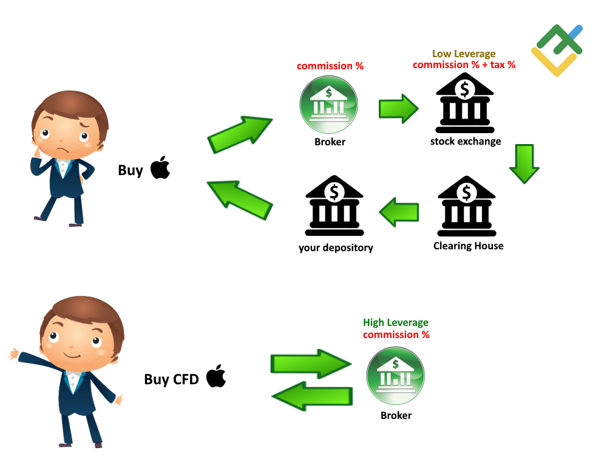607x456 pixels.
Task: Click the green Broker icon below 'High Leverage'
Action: click(395, 376)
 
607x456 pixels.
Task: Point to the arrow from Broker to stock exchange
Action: click(398, 109)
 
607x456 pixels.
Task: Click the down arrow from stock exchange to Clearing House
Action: click(524, 163)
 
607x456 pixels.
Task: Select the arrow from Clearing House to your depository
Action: click(399, 212)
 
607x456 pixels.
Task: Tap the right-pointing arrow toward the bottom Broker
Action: click(310, 364)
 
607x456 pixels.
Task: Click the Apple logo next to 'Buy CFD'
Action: click(215, 376)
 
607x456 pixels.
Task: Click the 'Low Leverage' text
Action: click(464, 54)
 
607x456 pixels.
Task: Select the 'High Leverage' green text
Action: click(396, 323)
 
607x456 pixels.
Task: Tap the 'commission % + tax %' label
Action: click(464, 65)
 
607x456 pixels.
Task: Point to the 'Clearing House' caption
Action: click(468, 246)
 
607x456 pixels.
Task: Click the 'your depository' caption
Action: click(336, 247)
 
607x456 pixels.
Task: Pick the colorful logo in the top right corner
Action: click(557, 50)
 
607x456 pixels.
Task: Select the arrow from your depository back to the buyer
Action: click(239, 200)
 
